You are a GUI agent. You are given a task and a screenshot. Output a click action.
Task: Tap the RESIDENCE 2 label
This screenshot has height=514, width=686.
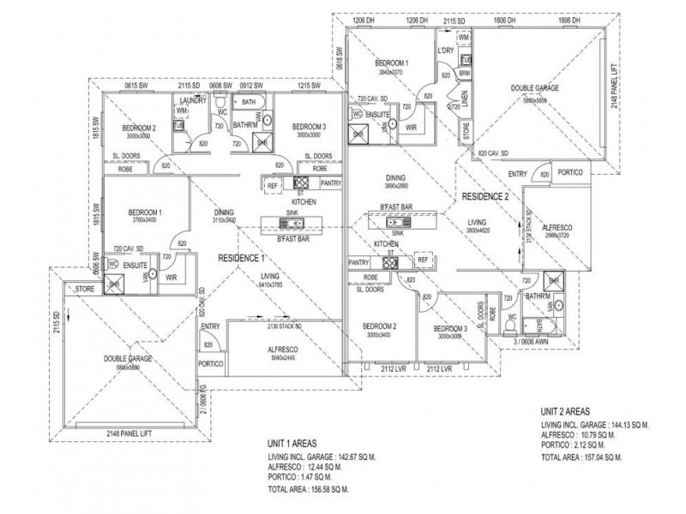pyautogui.click(x=485, y=196)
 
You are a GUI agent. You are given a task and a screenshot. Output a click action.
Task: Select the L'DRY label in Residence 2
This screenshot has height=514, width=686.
pyautogui.click(x=444, y=51)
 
